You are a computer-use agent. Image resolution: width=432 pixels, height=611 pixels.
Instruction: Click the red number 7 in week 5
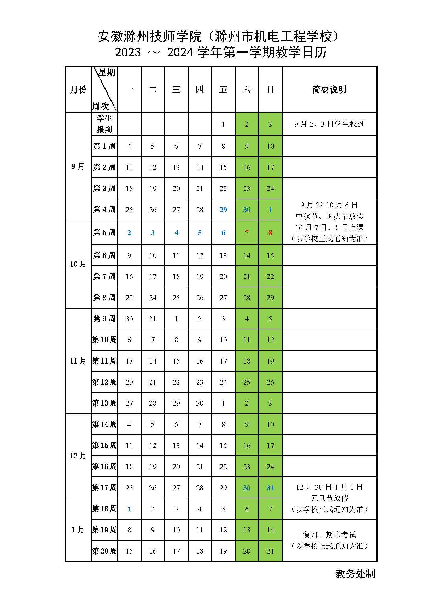247,232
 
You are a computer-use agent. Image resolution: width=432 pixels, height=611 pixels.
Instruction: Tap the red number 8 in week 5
270,232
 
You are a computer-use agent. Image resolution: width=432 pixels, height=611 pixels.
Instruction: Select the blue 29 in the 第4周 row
223,210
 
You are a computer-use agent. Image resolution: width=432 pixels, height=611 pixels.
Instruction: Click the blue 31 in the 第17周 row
270,488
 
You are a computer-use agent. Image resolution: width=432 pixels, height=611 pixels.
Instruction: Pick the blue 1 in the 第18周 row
129,509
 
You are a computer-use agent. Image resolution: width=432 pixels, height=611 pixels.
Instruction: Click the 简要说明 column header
329,89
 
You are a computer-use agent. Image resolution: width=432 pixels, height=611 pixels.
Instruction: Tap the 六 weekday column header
247,89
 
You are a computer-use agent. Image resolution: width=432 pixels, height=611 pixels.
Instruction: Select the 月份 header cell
78,89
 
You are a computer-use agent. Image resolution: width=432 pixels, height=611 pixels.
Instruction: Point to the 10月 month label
78,264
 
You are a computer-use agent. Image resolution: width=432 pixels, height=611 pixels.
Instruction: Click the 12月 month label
78,456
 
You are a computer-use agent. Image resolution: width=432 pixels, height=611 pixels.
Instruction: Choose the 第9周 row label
104,318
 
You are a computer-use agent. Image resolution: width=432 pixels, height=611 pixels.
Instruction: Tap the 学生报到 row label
104,124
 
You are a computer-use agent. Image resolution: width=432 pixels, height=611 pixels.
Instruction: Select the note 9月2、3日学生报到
329,124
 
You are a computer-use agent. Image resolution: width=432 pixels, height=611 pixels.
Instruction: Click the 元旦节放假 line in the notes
329,498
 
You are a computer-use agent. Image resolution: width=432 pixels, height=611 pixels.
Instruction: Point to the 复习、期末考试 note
329,535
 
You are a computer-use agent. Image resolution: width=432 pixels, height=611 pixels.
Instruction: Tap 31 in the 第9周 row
153,319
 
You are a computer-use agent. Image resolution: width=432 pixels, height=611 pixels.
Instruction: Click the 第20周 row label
104,551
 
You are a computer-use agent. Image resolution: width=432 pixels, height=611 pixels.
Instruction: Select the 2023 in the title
128,53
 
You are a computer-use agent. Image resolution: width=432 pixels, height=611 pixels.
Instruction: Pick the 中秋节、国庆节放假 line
329,216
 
